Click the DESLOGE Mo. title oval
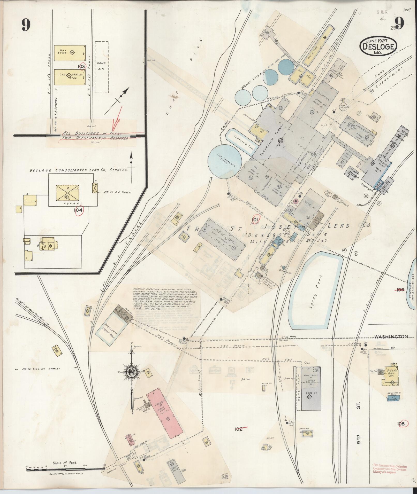(x=378, y=46)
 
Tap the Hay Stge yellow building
(x=70, y=53)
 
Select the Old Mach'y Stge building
(x=70, y=77)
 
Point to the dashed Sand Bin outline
(x=101, y=67)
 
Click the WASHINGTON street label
(x=391, y=337)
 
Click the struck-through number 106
(x=400, y=290)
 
